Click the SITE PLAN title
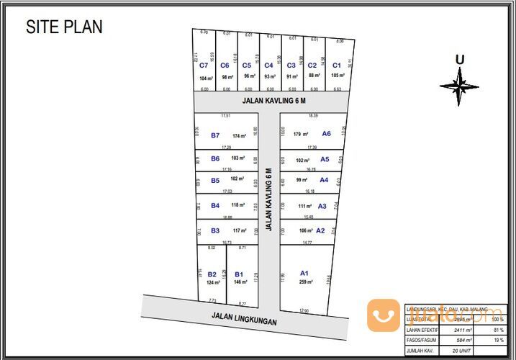64,27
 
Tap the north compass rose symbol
459,86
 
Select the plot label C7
204,66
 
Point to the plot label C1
336,66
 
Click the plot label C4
268,66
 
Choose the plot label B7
215,135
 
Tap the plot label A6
326,133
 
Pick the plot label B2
212,274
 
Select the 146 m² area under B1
240,283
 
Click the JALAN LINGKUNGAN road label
244,315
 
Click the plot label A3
322,206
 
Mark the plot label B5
215,181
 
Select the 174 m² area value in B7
240,136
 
